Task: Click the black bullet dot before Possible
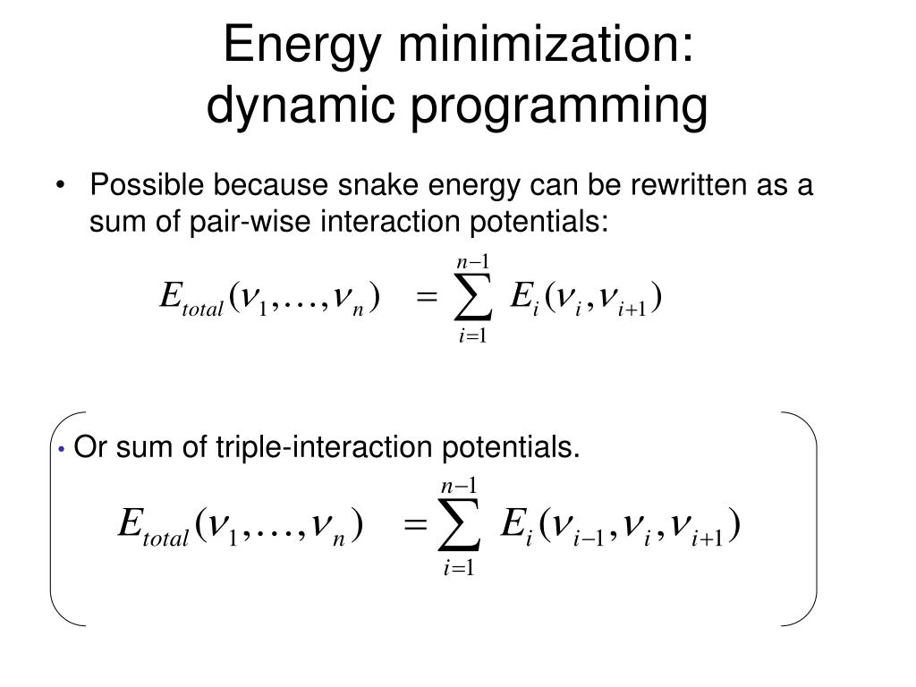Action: [x=62, y=186]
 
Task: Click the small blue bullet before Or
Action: [x=62, y=448]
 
